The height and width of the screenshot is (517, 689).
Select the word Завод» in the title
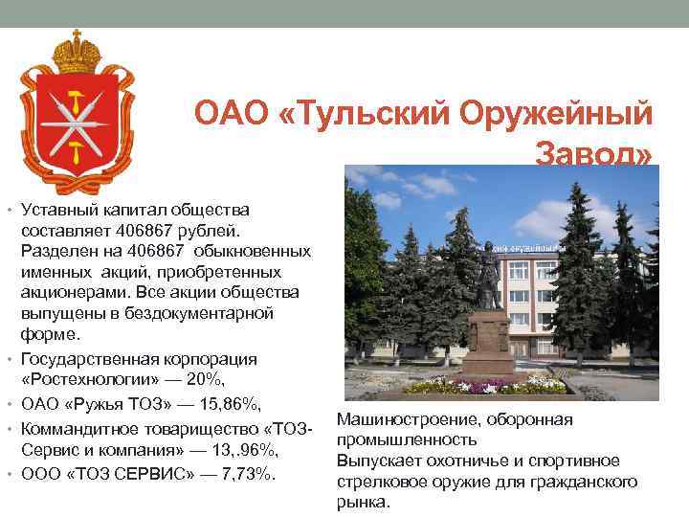(x=594, y=154)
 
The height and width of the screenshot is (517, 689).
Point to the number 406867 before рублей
(x=146, y=231)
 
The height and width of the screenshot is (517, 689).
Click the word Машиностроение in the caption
(x=396, y=418)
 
